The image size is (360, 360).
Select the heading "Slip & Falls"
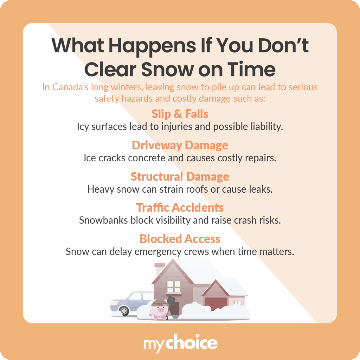[x=180, y=114]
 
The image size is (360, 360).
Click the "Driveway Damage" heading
[x=180, y=145]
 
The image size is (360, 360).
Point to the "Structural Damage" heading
[x=180, y=176]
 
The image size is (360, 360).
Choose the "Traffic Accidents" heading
[x=180, y=207]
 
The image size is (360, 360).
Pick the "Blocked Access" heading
[x=180, y=239]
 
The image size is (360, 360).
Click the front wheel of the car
[x=124, y=310]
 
